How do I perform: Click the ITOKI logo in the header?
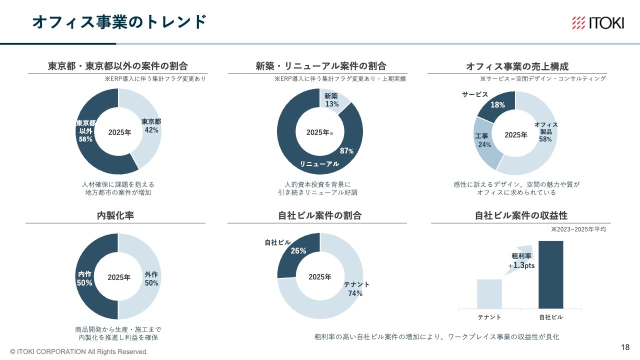pos(598,22)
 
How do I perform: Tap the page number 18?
pos(625,347)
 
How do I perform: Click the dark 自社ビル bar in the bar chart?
pos(550,274)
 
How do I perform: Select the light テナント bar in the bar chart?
pos(489,293)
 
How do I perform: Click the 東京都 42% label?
pos(151,125)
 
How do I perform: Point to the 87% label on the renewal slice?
pos(346,151)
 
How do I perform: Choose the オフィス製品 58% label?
pos(545,132)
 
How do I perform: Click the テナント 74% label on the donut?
pos(356,288)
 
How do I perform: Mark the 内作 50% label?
pos(84,278)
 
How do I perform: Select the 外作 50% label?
pos(151,278)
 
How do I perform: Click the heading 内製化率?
pos(115,215)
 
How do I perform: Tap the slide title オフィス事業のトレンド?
pos(119,21)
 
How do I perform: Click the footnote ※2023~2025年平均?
pos(578,229)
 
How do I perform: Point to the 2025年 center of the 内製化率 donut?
pos(119,277)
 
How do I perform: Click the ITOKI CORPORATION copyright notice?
pos(79,351)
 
